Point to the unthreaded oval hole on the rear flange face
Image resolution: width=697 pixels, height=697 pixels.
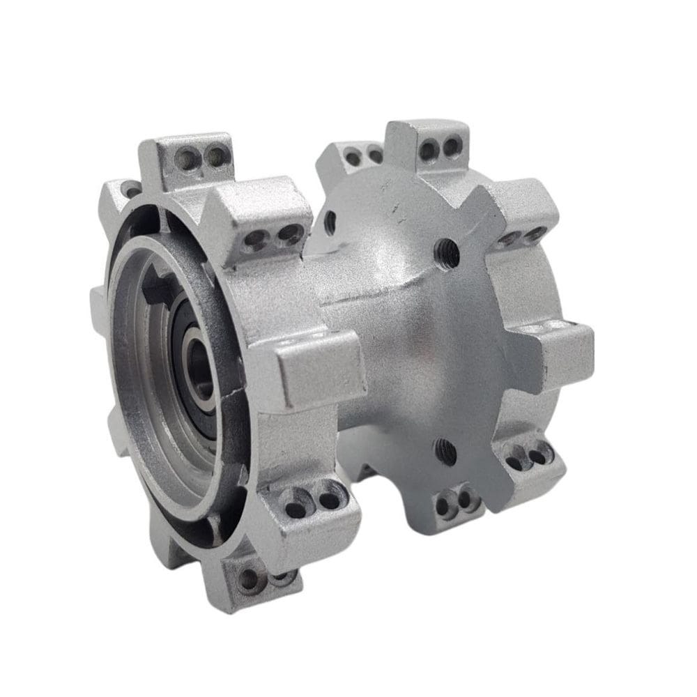coord(330,222)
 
